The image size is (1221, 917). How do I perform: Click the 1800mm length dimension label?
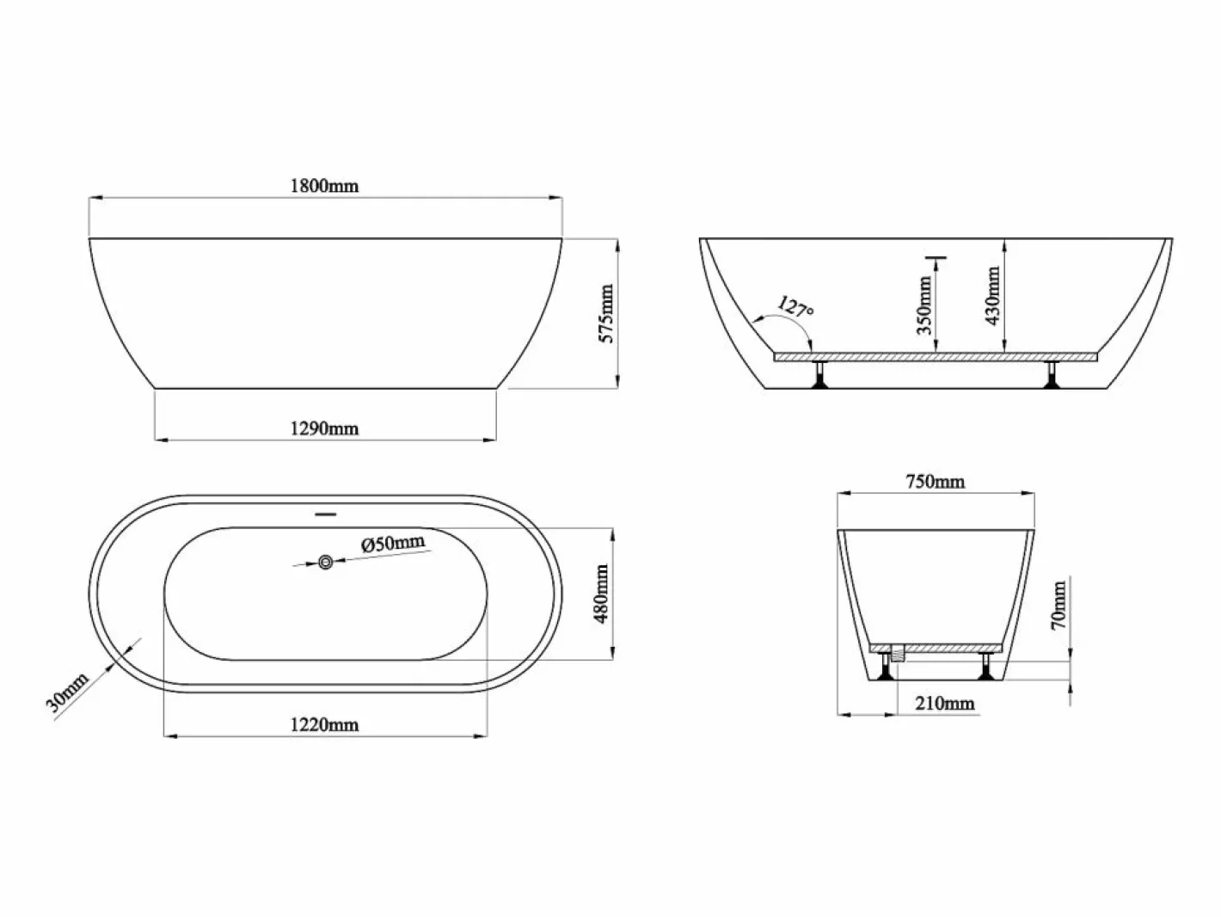coord(324,186)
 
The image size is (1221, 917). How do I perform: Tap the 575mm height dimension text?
coord(607,313)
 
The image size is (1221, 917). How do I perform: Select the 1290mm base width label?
coord(324,428)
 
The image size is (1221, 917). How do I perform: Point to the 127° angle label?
coord(796,306)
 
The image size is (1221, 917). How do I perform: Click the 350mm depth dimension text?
coord(924,305)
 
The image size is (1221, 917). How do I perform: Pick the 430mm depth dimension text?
coord(992,295)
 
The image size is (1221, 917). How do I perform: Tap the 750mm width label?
coord(935,482)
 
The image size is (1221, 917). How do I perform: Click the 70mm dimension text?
coord(1058,606)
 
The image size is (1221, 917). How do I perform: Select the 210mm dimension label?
coord(944,704)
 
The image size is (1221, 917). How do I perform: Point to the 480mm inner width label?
coord(601,594)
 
